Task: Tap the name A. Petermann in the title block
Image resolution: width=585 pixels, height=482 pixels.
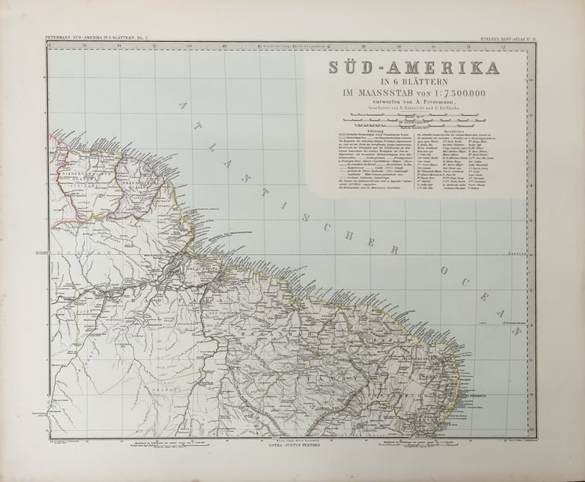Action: point(440,104)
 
